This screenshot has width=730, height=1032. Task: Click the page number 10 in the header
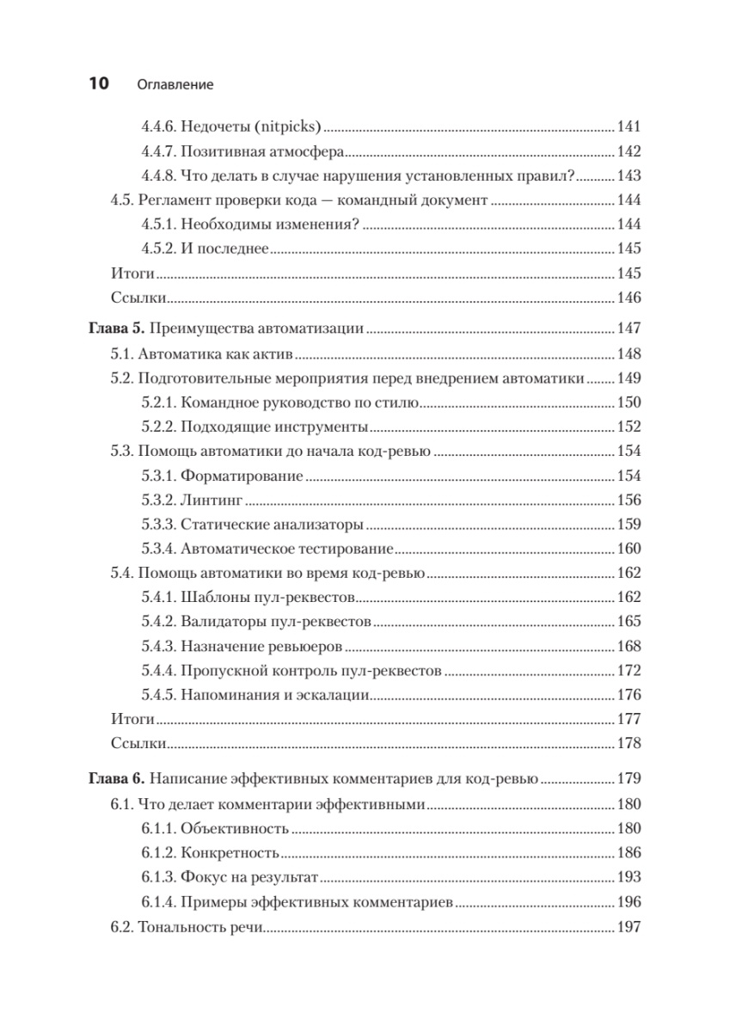pyautogui.click(x=96, y=84)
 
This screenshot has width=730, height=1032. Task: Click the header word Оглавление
pyautogui.click(x=175, y=85)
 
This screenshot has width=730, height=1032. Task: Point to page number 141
pyautogui.click(x=629, y=127)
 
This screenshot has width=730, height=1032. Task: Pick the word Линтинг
pyautogui.click(x=206, y=500)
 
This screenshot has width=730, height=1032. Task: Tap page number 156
pyautogui.click(x=629, y=500)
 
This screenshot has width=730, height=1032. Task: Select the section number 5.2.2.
pyautogui.click(x=158, y=427)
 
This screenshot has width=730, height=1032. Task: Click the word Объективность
pyautogui.click(x=235, y=829)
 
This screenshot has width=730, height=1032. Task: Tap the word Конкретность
pyautogui.click(x=230, y=853)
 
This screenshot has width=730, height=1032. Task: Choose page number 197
pyautogui.click(x=629, y=928)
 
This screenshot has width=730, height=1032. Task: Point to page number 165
pyautogui.click(x=629, y=621)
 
